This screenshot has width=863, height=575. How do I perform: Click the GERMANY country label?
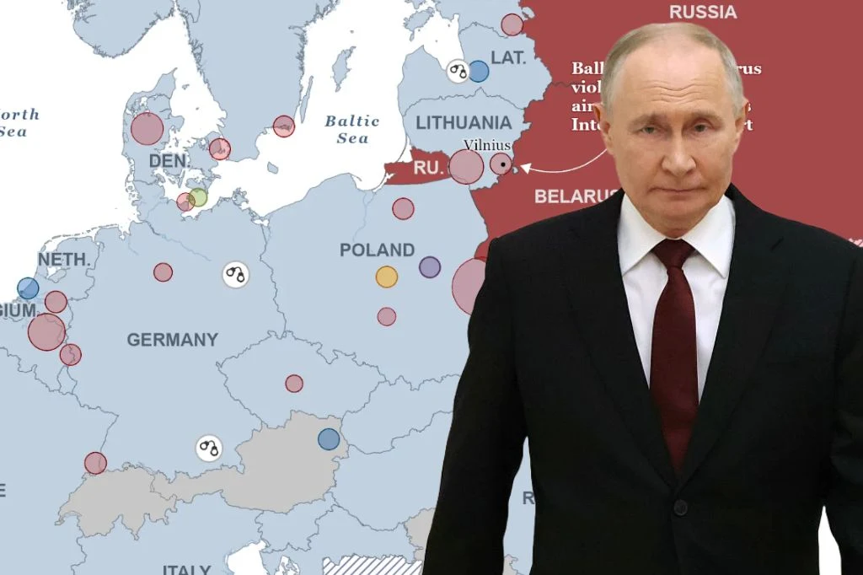click(172, 340)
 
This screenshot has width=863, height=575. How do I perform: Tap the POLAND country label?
click(377, 250)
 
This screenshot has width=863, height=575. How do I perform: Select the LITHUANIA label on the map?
click(464, 122)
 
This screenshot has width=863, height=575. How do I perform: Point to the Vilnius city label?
click(487, 144)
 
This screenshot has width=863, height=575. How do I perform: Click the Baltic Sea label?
click(352, 129)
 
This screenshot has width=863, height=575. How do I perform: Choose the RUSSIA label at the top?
click(703, 12)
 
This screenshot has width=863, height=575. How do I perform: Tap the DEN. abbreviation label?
click(169, 160)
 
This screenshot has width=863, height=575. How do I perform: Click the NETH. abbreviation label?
click(64, 259)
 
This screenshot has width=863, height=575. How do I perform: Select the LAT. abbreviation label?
click(508, 57)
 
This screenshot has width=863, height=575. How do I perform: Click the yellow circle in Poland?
click(386, 277)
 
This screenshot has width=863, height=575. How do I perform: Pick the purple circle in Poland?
click(430, 267)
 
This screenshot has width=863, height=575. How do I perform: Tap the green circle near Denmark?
click(198, 197)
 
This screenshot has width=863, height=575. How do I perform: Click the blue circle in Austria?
click(329, 439)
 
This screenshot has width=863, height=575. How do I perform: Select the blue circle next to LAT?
click(478, 71)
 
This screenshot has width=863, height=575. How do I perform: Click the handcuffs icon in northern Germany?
click(236, 274)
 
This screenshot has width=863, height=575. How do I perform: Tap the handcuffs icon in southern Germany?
click(209, 448)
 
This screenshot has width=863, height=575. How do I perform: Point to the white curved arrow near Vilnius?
click(560, 164)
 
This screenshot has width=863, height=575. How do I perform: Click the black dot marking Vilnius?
click(503, 164)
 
